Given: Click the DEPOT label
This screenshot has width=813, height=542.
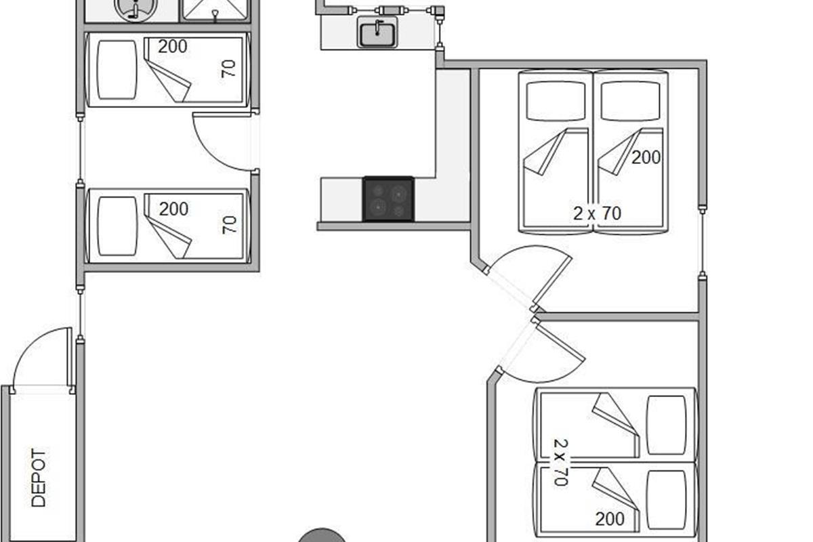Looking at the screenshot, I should coord(39,478).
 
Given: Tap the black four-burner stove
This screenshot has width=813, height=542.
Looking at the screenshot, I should coord(388,199).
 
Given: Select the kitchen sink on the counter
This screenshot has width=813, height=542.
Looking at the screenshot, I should coord(378,33).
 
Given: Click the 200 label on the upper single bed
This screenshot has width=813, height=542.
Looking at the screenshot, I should coord(173,47).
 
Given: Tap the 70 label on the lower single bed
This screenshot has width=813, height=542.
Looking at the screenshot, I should coord(230,224).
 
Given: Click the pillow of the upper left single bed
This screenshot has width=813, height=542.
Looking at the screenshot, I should coord(117,70).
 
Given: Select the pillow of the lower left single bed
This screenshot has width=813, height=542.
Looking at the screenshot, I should coord(117,226).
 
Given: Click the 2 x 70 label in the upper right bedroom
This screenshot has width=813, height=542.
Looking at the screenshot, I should coord(597,213).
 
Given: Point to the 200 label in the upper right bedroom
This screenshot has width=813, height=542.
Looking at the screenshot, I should coord(646,158).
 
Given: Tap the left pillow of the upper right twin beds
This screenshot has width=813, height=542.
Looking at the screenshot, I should coord(556,102).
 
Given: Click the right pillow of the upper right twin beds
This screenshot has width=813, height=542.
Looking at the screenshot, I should coord(630,102).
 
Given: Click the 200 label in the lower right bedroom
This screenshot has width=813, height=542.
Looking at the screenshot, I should coord(610,520).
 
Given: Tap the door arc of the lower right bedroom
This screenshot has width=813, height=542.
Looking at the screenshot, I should coord(549,356).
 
